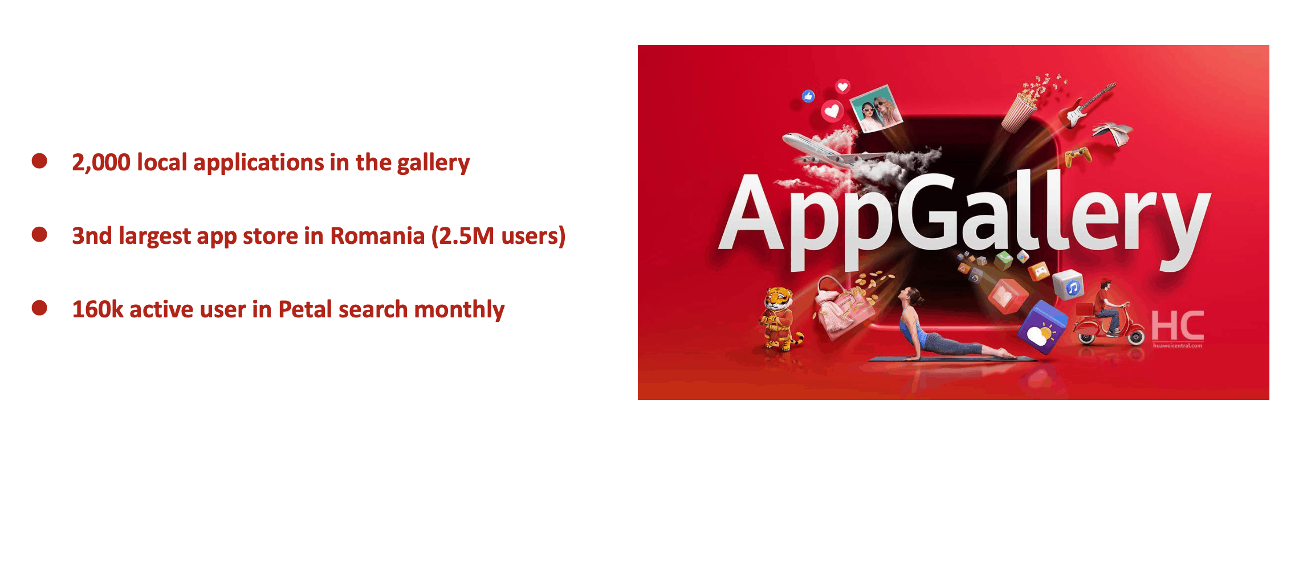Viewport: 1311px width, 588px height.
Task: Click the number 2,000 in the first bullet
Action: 101,162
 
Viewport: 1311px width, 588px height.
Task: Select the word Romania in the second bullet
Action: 377,236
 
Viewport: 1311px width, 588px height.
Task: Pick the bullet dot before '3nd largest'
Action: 39,234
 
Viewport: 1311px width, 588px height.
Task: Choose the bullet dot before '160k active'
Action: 39,308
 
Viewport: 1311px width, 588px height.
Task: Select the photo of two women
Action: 876,109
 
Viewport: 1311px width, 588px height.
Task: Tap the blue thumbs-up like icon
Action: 808,96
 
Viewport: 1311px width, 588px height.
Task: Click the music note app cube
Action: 1068,285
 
